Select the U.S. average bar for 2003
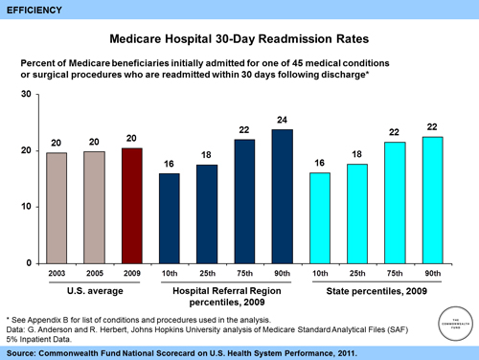point(57,208)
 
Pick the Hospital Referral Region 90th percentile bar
point(282,196)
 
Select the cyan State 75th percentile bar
point(395,203)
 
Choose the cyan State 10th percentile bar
point(319,218)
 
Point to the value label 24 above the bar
point(282,120)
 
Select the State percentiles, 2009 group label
point(376,288)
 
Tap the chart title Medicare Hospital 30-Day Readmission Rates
point(239,41)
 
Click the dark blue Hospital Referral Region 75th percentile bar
point(244,201)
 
